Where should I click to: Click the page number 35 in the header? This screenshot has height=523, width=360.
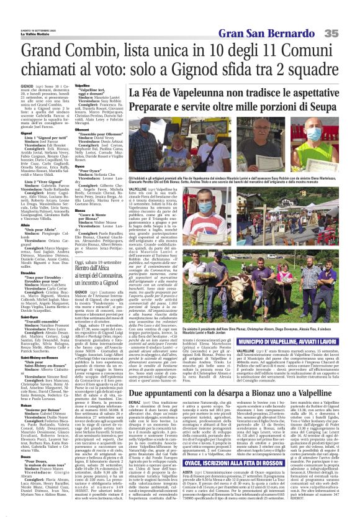(348, 14)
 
